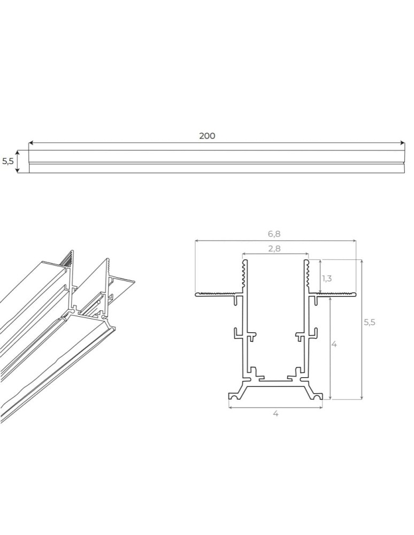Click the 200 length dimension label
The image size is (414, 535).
coord(207,136)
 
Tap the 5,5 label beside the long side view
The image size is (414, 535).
coord(7,161)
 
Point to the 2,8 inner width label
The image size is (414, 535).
coord(275,248)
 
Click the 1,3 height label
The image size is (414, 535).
coord(327,278)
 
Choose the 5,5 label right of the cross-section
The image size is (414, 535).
coord(370,322)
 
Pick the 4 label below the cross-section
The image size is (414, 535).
coord(275,413)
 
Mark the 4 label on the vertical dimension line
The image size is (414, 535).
coord(334,345)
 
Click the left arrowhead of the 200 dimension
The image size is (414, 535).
coord(30,143)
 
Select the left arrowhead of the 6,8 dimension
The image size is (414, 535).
coord(197,241)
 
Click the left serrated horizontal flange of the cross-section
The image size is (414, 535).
coord(217,293)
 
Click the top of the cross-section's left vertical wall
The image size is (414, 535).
coord(244,262)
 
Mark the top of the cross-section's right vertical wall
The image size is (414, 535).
coord(308,262)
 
